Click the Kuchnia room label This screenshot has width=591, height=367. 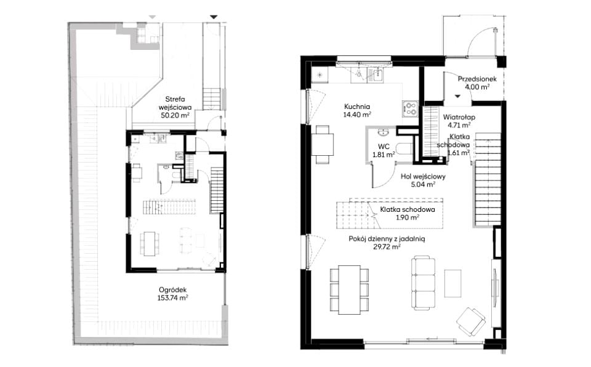coord(357,107)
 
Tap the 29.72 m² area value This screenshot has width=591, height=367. coord(387,247)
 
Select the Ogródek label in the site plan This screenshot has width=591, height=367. coord(172,290)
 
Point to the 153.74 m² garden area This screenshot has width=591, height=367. coord(172,298)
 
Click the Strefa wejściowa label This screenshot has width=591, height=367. coord(175,103)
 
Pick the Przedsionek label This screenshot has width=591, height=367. coord(477,79)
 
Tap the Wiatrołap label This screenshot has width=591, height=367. coord(459,117)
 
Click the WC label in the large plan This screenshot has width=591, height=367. coord(384,147)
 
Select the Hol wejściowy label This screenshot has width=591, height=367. coord(424,177)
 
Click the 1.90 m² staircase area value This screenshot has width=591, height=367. coord(408,217)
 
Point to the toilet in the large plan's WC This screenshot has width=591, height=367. coord(405,148)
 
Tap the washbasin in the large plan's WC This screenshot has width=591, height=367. coord(384,132)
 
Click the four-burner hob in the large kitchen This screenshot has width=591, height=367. coord(410,109)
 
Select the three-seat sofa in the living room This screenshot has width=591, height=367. coord(424,283)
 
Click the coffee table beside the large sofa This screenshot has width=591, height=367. coord(452,283)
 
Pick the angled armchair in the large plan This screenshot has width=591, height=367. coord(470,321)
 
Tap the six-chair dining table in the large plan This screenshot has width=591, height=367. coord(349,289)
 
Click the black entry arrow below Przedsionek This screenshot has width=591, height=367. coord(457,97)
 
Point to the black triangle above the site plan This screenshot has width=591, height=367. coord(214,17)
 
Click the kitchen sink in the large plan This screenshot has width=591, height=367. coord(376,76)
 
